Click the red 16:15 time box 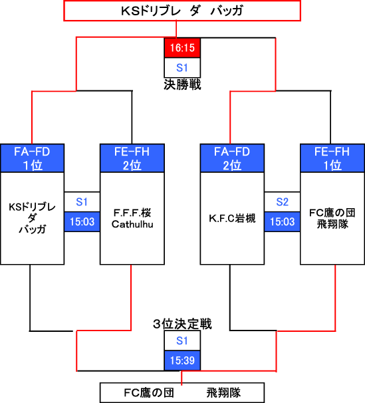click(182, 47)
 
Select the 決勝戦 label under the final click(182, 84)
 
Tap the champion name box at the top click(182, 11)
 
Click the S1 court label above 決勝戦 click(182, 68)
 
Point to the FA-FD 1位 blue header click(32, 158)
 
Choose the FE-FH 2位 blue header click(132, 158)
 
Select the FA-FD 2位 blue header click(232, 158)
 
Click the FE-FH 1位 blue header click(332, 158)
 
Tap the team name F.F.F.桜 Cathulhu click(132, 219)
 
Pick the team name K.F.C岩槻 click(232, 219)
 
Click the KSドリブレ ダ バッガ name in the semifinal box click(32, 218)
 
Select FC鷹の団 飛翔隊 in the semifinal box click(332, 219)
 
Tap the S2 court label click(283, 201)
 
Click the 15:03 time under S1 click(82, 221)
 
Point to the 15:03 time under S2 click(283, 221)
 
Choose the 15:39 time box click(182, 360)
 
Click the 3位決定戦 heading click(182, 324)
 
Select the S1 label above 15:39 click(182, 340)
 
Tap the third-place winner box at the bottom click(182, 393)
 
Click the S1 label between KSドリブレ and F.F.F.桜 click(82, 201)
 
